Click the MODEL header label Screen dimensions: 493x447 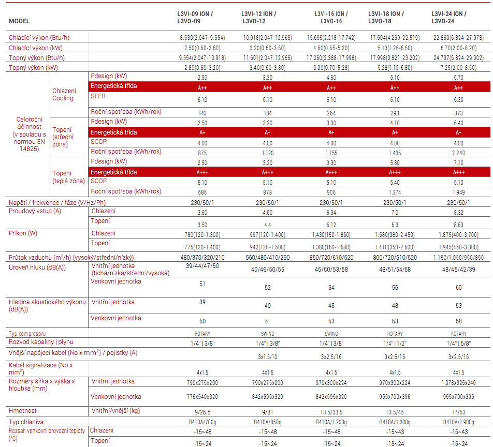tap(19, 21)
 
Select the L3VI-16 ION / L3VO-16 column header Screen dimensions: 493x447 tap(331, 18)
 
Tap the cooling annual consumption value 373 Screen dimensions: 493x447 tap(458, 113)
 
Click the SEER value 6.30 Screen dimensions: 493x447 tap(458, 99)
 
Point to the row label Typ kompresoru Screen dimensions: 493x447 tap(27, 334)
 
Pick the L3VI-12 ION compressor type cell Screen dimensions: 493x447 tap(268, 334)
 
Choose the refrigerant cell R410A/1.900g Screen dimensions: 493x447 tap(458, 422)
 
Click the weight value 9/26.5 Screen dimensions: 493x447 tap(202, 412)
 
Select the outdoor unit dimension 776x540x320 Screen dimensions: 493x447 tap(202, 397)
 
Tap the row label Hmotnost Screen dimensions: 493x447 tap(23, 411)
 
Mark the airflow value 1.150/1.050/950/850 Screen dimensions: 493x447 tap(458, 258)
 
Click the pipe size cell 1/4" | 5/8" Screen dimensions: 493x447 tap(458, 344)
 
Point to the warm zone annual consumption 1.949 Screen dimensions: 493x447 tap(458, 192)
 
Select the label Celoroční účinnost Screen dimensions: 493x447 tap(29, 123)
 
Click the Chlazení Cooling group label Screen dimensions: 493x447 tap(64, 95)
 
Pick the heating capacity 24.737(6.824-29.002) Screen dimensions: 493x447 tap(458, 58)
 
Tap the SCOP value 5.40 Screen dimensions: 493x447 tap(395, 183)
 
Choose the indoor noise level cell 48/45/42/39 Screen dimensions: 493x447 tap(458, 270)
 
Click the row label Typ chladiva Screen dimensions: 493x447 tap(26, 422)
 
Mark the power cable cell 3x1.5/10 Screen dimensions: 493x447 tap(268, 357)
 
